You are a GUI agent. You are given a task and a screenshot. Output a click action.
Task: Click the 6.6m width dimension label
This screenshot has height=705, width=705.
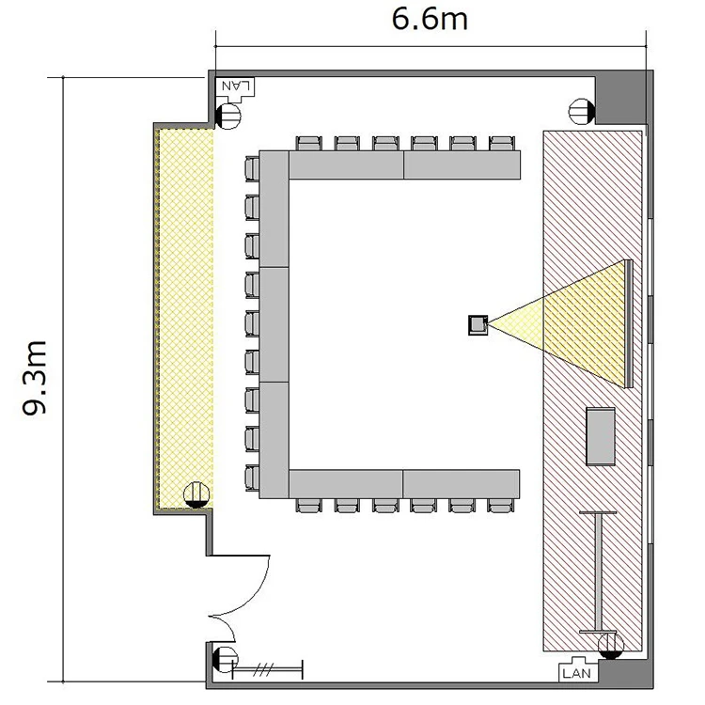pos(430,20)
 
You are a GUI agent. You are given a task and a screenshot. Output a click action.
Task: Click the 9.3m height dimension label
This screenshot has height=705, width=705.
pos(35,378)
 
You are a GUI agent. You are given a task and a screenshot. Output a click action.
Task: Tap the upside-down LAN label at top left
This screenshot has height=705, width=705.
pos(236,85)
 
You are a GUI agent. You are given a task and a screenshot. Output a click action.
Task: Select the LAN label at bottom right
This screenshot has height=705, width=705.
pos(577,673)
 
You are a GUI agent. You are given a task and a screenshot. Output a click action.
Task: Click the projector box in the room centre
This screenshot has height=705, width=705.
pos(478,324)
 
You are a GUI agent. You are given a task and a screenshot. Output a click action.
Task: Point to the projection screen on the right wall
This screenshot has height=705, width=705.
pos(629,323)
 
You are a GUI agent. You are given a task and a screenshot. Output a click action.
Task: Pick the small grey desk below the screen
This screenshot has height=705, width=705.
pos(601,436)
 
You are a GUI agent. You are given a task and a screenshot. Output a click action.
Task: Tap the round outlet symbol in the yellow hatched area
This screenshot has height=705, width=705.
pos(196,495)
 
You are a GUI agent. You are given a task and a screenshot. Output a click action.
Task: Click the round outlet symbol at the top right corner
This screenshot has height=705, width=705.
pos(582,112)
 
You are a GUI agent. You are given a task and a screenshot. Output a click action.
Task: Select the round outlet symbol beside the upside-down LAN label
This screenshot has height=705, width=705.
pos(228,117)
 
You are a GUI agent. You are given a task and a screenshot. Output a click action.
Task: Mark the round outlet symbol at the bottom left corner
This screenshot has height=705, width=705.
pos(225,660)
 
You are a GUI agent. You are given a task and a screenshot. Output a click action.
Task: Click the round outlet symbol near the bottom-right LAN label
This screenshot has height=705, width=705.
pos(612,646)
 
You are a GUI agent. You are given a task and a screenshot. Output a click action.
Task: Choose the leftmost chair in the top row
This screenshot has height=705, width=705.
pos(309,143)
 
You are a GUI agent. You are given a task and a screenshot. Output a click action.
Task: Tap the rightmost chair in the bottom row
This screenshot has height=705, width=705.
pos(501,506)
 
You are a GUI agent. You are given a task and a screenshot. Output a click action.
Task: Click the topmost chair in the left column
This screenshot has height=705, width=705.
pos(252,168)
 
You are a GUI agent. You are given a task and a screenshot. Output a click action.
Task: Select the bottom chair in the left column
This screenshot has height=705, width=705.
pos(252,478)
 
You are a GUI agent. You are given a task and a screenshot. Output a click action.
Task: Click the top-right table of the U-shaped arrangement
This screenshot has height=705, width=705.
pos(462,165)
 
